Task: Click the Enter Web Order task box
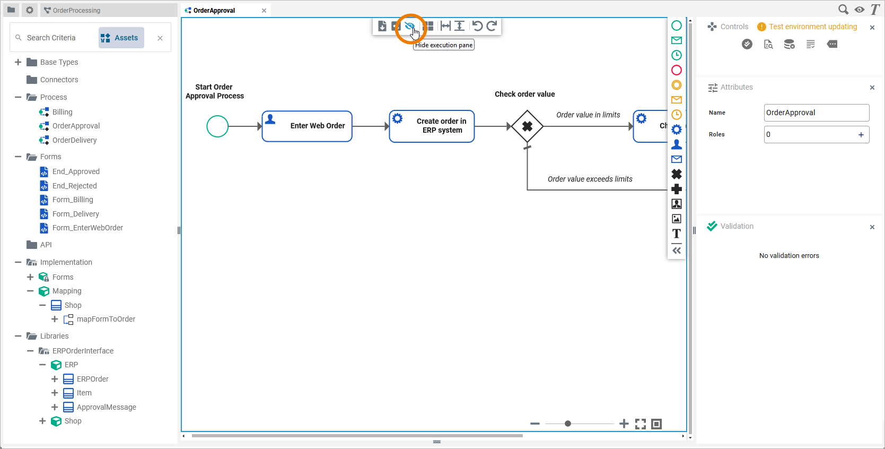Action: [x=307, y=126]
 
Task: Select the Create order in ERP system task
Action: [x=432, y=126]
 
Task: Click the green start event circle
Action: [x=217, y=126]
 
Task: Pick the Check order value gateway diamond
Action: [x=527, y=126]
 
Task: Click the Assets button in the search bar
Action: [x=121, y=38]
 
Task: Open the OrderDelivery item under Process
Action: [x=74, y=140]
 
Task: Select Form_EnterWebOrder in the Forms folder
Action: [x=87, y=228]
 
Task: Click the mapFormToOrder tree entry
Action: [x=106, y=319]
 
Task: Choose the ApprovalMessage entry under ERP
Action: [x=106, y=407]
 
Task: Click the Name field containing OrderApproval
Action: [x=816, y=113]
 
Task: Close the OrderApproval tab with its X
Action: [x=264, y=11]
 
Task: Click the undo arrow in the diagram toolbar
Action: [x=477, y=26]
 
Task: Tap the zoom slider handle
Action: [x=568, y=424]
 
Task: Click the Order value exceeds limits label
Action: [x=590, y=179]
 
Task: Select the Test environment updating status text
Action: [x=813, y=27]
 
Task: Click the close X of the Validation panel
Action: [x=872, y=227]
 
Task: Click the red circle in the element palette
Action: [x=677, y=70]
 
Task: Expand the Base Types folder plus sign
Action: [x=18, y=62]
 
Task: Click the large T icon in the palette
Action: [x=677, y=234]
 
